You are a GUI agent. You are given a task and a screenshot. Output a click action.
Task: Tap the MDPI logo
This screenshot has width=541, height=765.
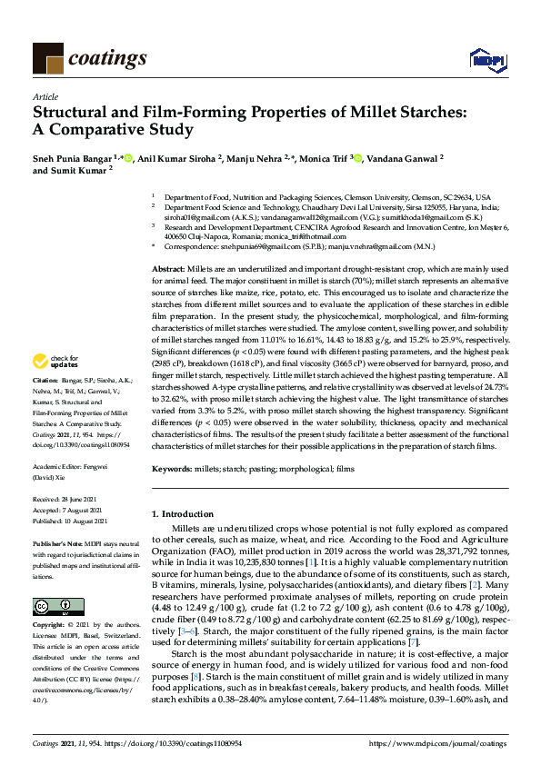coord(483,60)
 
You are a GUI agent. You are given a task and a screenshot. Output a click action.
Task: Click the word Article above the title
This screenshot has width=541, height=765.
coord(45,95)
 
